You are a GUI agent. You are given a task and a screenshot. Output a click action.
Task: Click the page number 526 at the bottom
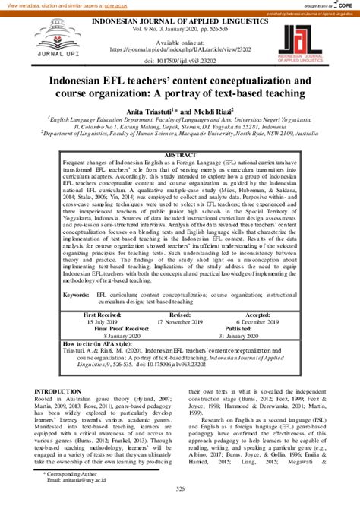pyautogui.click(x=180, y=499)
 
